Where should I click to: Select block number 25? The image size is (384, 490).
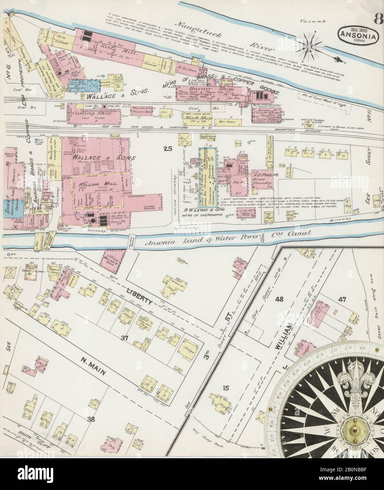(x=168, y=149)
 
